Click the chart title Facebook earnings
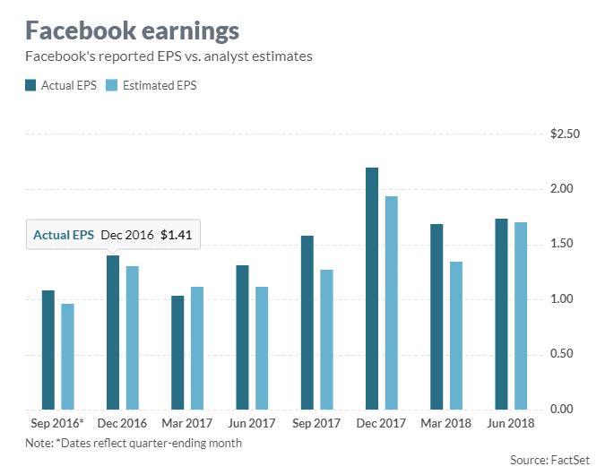pos(132,30)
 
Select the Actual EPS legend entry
pos(63,86)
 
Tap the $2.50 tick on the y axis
pos(566,134)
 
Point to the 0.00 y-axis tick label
pos(569,409)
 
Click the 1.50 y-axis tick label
pos(569,244)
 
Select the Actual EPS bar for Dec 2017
pos(371,288)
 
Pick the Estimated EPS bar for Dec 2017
pos(391,302)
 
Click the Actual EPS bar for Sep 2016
pos(48,350)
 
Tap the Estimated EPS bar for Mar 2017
pos(197,348)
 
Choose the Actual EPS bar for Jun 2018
pos(500,314)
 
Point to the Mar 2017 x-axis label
pos(187,422)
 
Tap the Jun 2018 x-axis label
pos(510,422)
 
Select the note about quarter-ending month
pos(134,442)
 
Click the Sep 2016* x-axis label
pos(58,422)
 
